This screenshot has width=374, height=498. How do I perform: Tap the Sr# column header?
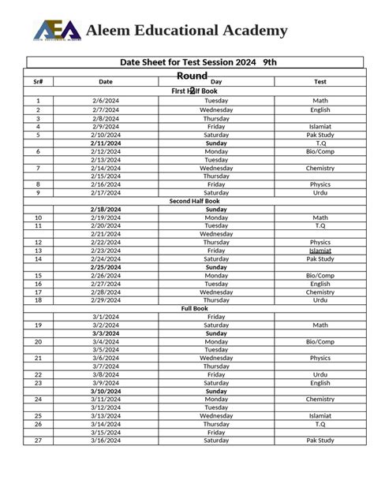click(x=38, y=81)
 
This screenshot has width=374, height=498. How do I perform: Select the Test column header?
click(x=320, y=81)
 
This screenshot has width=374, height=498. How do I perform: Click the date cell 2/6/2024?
click(x=105, y=101)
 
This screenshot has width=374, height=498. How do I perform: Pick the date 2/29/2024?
click(x=105, y=300)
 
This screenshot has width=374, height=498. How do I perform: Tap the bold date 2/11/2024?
click(x=105, y=143)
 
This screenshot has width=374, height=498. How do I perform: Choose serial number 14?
click(x=38, y=259)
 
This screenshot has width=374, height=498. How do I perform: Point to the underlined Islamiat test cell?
click(x=320, y=251)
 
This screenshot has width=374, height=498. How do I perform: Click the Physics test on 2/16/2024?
click(x=320, y=184)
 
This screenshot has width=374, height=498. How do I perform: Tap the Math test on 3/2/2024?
click(x=320, y=325)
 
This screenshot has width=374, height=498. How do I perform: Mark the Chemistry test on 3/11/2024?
click(x=320, y=400)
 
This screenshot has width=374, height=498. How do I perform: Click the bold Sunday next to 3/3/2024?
click(x=216, y=333)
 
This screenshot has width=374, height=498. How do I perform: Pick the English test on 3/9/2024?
click(x=320, y=383)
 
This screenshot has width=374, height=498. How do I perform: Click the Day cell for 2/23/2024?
click(x=216, y=251)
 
